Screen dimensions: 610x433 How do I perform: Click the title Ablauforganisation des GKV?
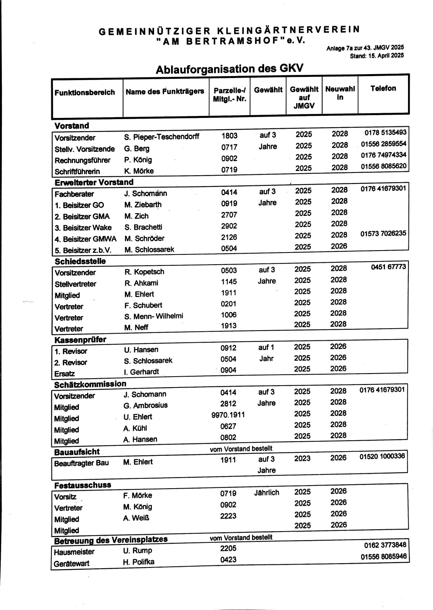tap(229, 69)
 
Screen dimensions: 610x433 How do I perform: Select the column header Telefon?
tap(383, 89)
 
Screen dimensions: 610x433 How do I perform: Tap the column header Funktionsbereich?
tap(85, 92)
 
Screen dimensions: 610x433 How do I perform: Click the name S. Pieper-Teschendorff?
tap(161, 137)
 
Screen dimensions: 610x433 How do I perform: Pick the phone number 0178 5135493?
tap(385, 133)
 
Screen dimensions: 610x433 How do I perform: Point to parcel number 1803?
tap(229, 136)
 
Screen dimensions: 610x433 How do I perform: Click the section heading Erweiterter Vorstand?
tap(94, 182)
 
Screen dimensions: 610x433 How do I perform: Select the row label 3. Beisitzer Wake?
tap(83, 228)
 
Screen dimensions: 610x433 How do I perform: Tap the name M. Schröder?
tap(144, 238)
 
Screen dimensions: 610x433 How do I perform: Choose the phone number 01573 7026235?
tap(383, 233)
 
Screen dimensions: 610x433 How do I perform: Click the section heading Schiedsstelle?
tap(80, 261)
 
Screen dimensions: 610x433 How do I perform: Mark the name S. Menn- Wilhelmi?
tap(154, 316)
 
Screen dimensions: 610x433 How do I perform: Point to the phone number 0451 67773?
tap(388, 267)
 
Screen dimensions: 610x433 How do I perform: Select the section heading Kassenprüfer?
tap(80, 340)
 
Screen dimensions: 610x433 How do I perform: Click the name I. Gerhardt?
tap(141, 372)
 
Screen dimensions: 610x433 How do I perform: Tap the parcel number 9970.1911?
tap(228, 415)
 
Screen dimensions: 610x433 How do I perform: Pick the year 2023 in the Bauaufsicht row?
tap(302, 459)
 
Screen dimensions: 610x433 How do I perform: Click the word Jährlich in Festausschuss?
tap(266, 493)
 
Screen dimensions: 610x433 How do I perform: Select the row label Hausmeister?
tap(74, 552)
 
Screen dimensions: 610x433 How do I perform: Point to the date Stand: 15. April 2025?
tap(376, 55)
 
